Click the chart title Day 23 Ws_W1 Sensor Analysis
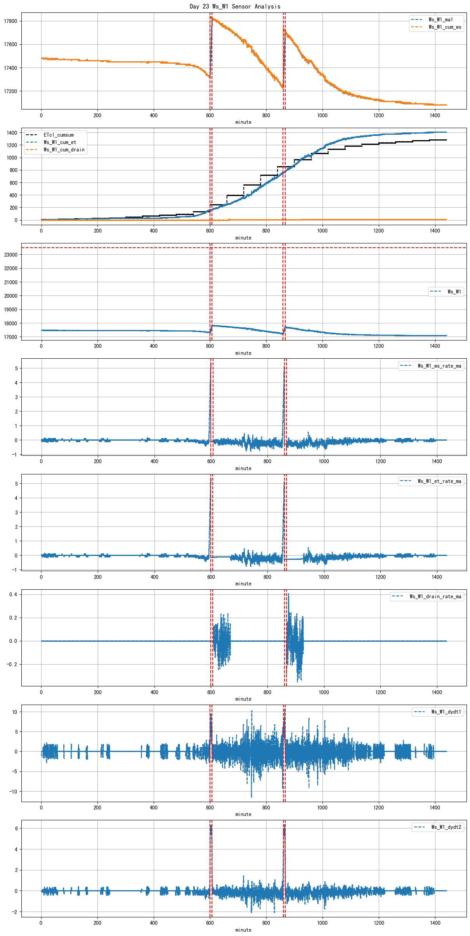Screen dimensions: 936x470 tap(235, 6)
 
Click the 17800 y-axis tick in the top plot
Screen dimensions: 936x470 tap(10, 21)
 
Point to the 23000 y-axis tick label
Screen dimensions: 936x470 tap(10, 255)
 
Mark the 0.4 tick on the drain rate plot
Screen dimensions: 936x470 tap(13, 594)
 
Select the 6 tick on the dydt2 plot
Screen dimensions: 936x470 tap(16, 828)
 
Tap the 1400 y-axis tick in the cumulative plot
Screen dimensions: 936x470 tap(12, 133)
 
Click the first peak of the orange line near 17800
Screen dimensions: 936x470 tap(211, 17)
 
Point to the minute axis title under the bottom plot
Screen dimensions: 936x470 tap(243, 930)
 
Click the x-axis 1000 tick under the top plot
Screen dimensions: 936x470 tap(322, 115)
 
